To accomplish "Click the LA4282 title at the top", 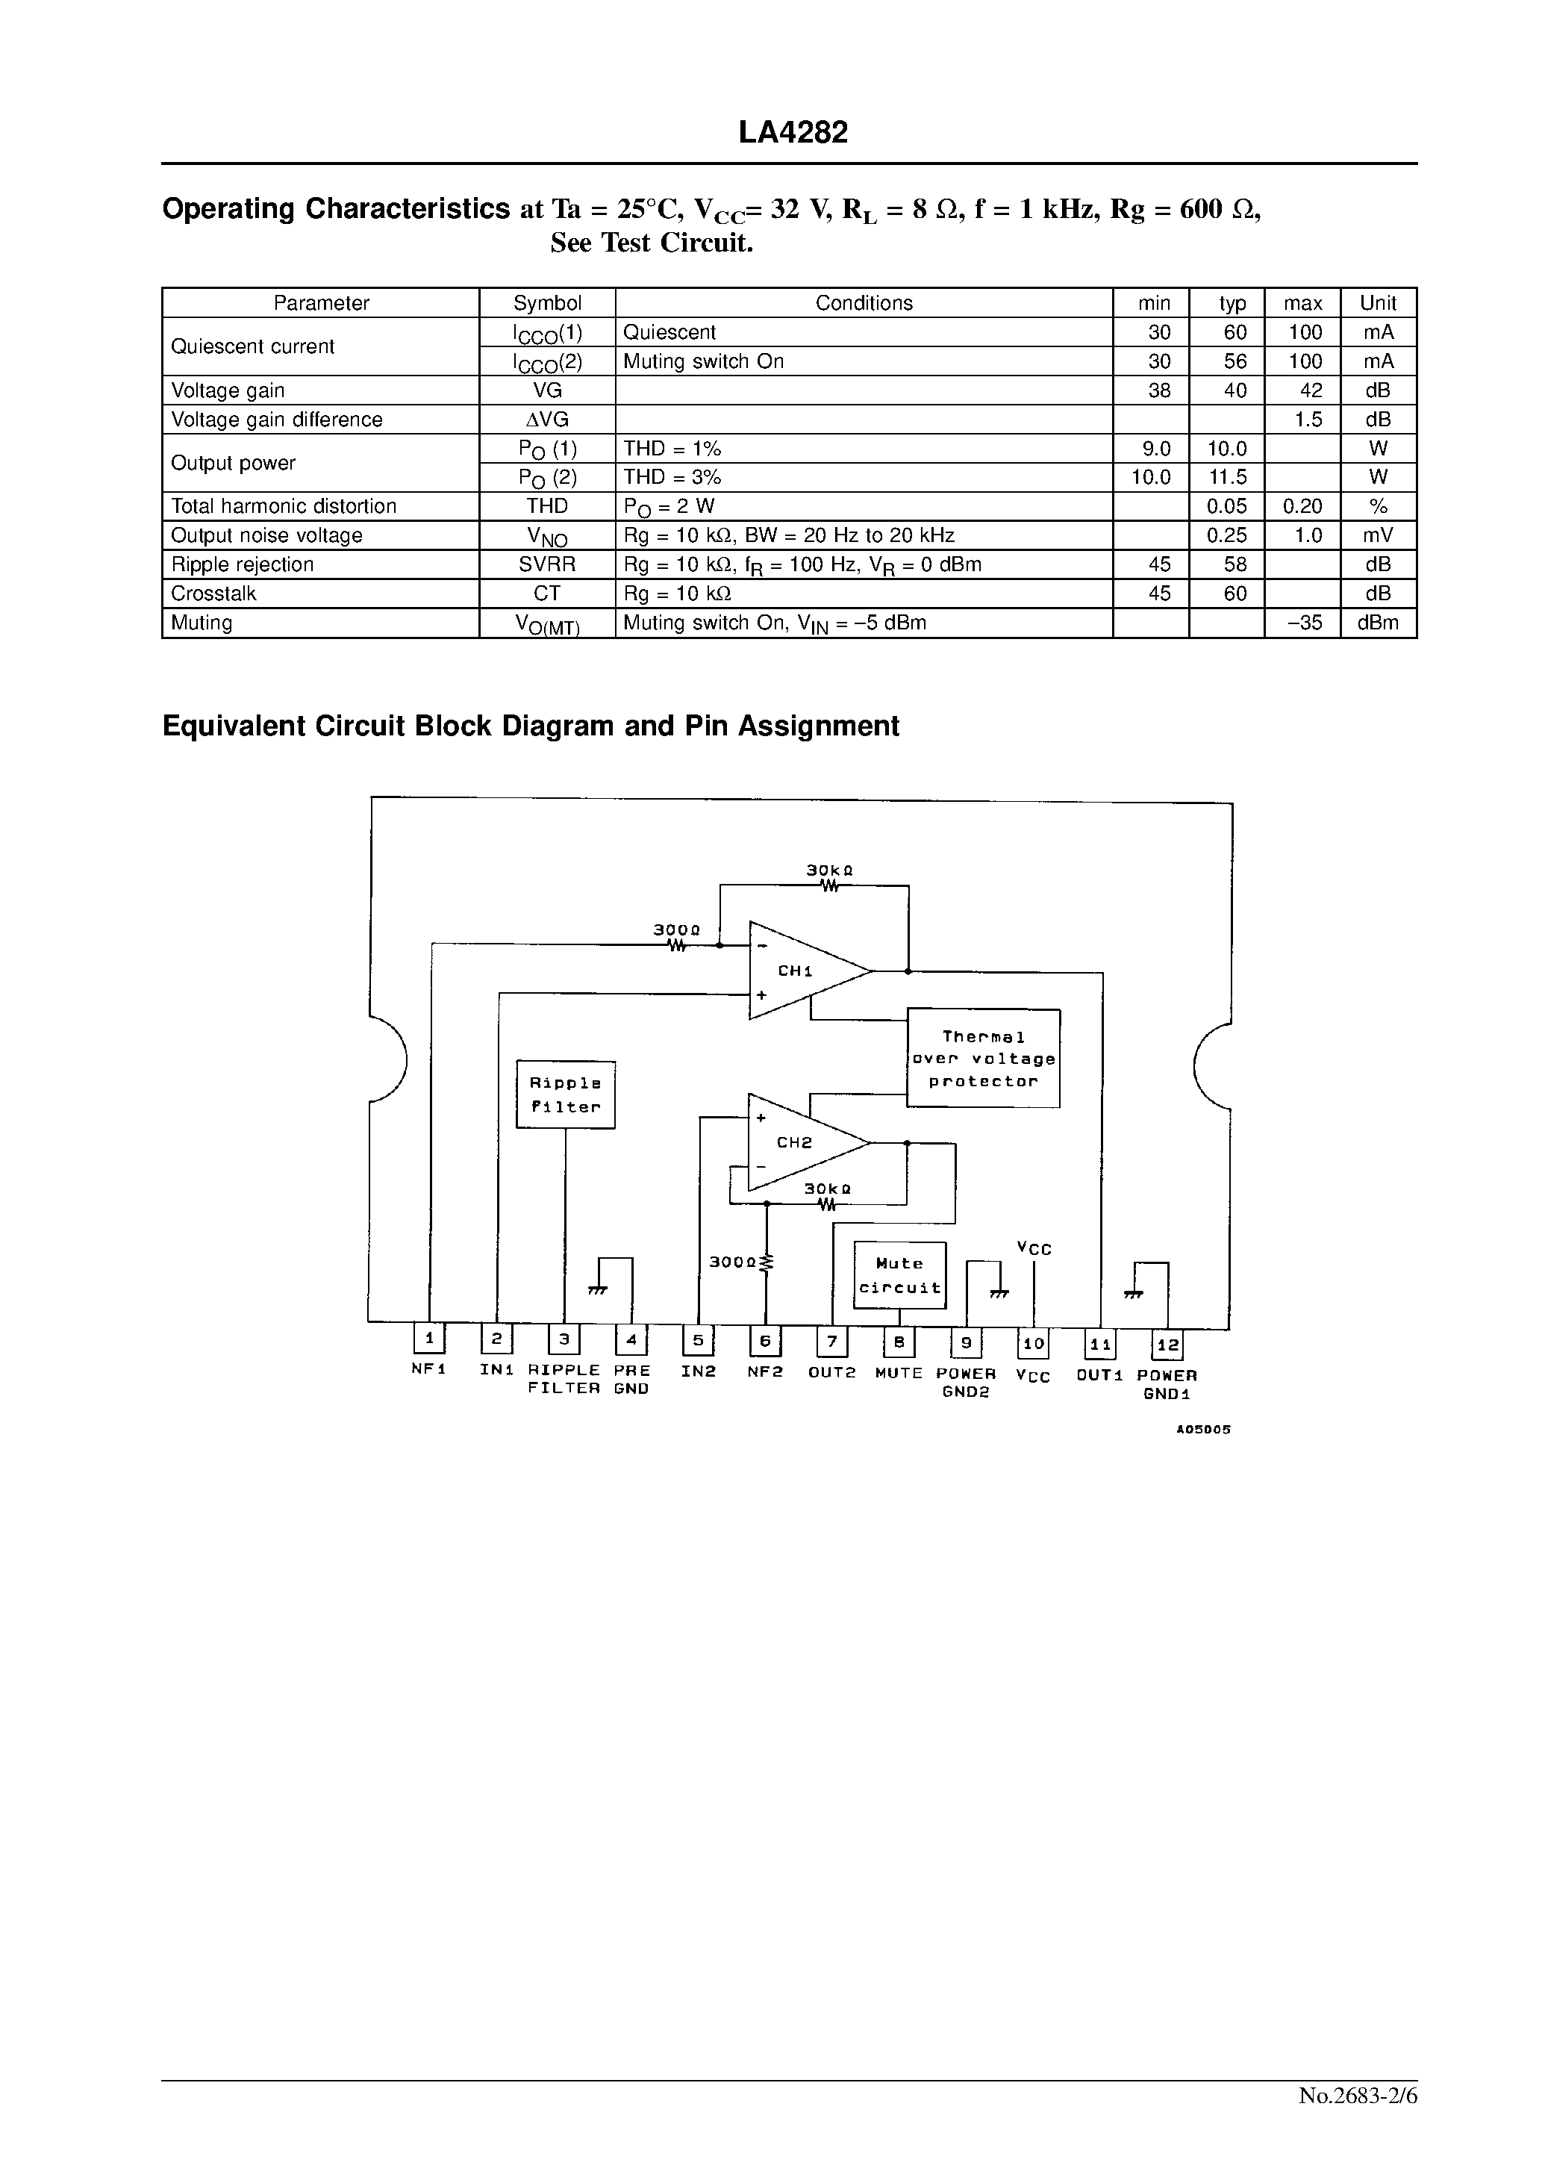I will tap(793, 133).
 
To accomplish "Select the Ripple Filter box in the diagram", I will tap(566, 1094).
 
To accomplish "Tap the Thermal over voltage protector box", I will tap(984, 1058).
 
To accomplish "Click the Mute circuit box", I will tap(899, 1275).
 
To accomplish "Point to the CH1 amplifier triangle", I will tap(803, 971).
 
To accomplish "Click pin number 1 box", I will tap(428, 1339).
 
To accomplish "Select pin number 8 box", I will tap(899, 1342).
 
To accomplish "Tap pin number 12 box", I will tap(1167, 1345).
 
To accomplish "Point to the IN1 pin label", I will tap(496, 1370).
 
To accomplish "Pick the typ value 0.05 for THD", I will tap(1226, 507).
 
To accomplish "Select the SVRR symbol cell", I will tap(546, 564).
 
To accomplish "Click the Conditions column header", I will tap(864, 303).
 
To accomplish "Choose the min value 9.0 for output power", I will tap(1156, 449).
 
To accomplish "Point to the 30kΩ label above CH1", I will tap(829, 870).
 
